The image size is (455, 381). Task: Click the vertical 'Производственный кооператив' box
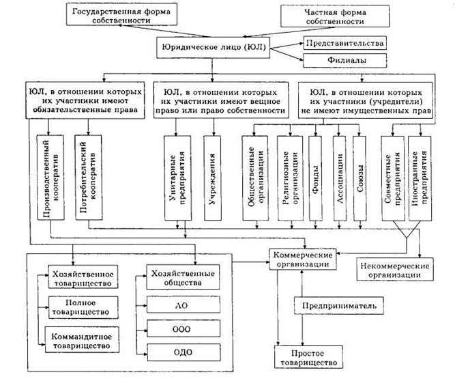coord(50,176)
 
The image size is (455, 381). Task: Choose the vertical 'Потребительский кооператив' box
coord(87,176)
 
